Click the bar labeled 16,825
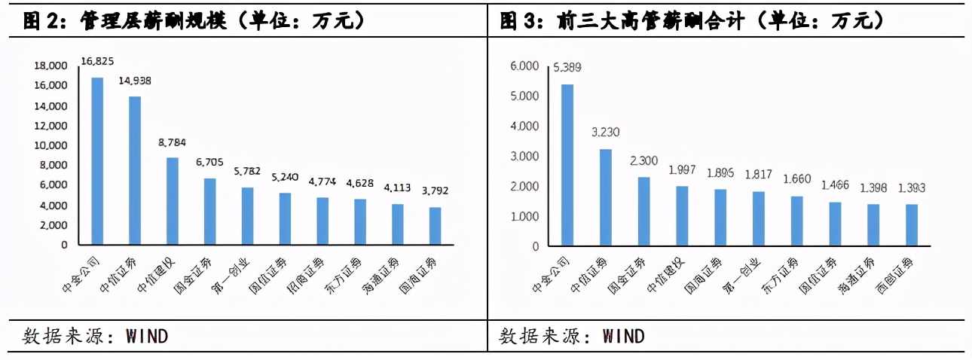point(97,161)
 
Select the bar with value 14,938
point(135,170)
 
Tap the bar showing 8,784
point(173,201)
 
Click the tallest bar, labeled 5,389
point(567,165)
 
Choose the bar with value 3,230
point(606,197)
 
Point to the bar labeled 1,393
point(912,225)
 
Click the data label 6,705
point(209,161)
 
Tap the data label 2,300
point(643,160)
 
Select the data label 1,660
point(797,179)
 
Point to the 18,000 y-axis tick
point(50,66)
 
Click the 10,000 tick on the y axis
point(50,145)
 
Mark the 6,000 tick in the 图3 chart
point(524,66)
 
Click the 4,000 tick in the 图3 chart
point(524,127)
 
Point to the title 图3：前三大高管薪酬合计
point(691,20)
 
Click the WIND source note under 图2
point(96,335)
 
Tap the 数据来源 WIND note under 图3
point(572,335)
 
